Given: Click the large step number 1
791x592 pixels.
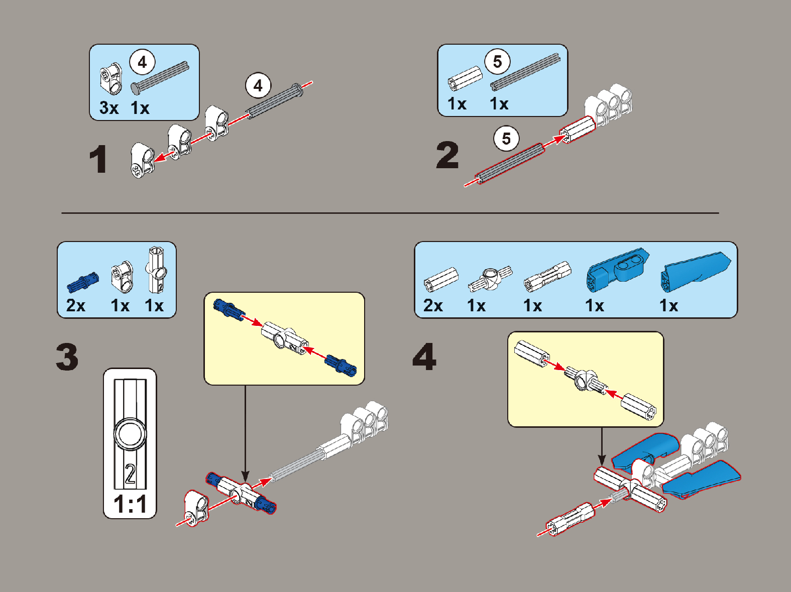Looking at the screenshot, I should pyautogui.click(x=98, y=159).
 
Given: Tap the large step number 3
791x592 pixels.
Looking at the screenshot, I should pyautogui.click(x=67, y=357).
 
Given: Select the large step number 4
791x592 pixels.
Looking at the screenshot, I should pyautogui.click(x=424, y=357).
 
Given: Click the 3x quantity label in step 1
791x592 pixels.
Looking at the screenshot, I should pyautogui.click(x=109, y=107).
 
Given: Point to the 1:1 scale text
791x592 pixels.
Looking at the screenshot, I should pyautogui.click(x=130, y=504).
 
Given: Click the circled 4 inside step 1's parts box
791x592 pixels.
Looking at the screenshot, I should pyautogui.click(x=142, y=62).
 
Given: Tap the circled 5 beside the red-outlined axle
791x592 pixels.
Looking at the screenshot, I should pyautogui.click(x=506, y=139).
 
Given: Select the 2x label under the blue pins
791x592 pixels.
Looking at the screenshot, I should pyautogui.click(x=76, y=305).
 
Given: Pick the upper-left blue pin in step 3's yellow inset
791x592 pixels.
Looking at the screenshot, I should pyautogui.click(x=228, y=310).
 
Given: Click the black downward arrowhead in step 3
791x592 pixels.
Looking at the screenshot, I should pyautogui.click(x=245, y=476).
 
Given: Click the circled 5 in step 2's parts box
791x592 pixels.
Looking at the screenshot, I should pyautogui.click(x=497, y=61).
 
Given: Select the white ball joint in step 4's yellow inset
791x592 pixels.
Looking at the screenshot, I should pyautogui.click(x=585, y=381).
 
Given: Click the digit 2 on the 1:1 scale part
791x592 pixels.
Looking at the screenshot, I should pyautogui.click(x=130, y=474).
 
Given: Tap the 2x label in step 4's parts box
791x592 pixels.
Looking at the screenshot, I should pyautogui.click(x=433, y=305).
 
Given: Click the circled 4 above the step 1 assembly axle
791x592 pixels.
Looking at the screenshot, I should pyautogui.click(x=258, y=86).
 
